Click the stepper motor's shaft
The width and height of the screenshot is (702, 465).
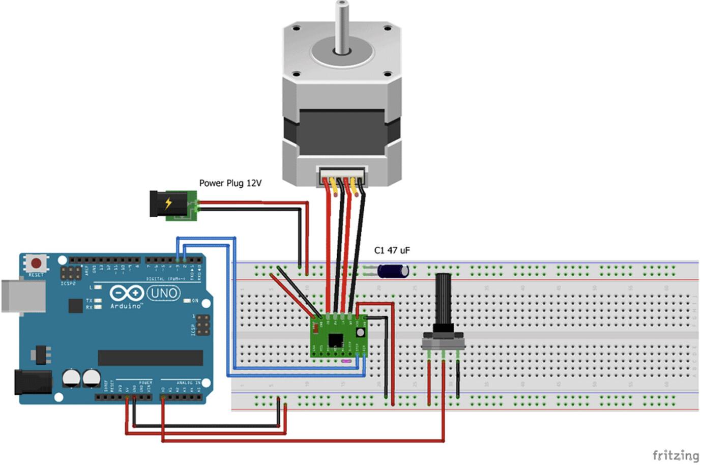click(342, 25)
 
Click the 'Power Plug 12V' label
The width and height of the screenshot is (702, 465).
click(230, 183)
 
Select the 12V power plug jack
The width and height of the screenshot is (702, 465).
click(173, 205)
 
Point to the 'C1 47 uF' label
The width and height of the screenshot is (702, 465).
click(392, 250)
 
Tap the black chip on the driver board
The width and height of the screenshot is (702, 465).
click(335, 340)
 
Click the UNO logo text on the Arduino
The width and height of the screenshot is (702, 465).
click(164, 293)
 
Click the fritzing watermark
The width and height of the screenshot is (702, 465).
click(675, 455)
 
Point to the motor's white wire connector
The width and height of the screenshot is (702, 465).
click(342, 175)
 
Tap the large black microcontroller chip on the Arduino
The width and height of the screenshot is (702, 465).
click(150, 358)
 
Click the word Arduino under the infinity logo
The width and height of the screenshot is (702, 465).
click(127, 306)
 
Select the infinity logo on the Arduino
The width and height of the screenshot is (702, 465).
click(127, 293)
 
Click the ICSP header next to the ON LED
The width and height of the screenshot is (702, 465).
click(202, 325)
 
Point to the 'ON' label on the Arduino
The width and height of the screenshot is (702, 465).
click(195, 301)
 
